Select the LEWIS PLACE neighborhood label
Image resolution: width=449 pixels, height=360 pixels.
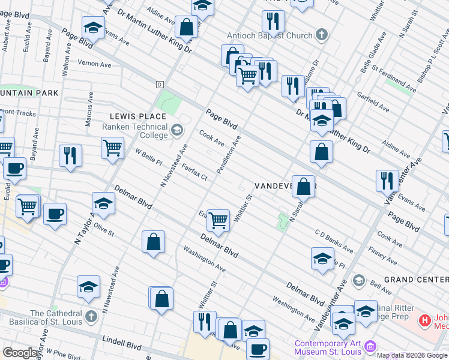(137, 116)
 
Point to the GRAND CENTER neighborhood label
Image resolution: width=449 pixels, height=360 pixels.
(416, 280)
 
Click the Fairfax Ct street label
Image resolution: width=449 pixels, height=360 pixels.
(194, 173)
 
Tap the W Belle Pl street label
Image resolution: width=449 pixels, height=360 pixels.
(149, 158)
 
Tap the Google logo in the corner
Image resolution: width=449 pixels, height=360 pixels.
(20, 353)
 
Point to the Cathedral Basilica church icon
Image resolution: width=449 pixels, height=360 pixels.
(91, 316)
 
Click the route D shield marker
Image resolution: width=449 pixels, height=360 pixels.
(160, 84)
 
